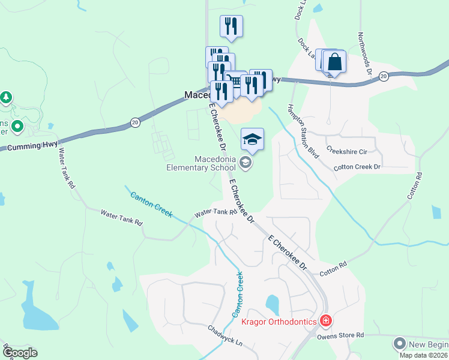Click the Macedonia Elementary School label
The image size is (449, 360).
202,163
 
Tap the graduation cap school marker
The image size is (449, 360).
252,140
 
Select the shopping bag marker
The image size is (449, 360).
335,62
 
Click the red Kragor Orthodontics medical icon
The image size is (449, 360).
326,322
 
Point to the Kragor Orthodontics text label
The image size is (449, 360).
279,322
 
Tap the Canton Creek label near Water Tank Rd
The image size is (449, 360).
151,205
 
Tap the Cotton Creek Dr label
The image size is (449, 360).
357,167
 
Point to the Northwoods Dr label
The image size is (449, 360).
366,55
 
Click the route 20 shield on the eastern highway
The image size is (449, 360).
384,76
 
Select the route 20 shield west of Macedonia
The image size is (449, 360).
134,122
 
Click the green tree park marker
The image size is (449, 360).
6,97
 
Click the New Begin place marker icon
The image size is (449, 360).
399,344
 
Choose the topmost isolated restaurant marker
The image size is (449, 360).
232,26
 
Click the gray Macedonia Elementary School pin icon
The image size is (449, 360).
245,161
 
